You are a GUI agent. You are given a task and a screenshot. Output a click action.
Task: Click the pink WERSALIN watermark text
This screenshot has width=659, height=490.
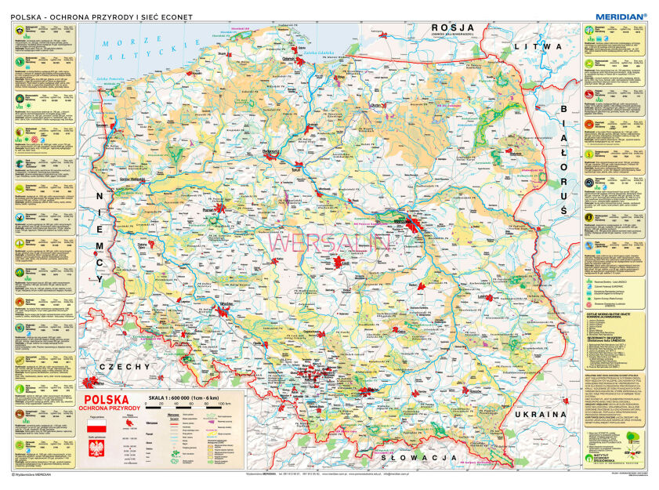coord(330,242)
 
